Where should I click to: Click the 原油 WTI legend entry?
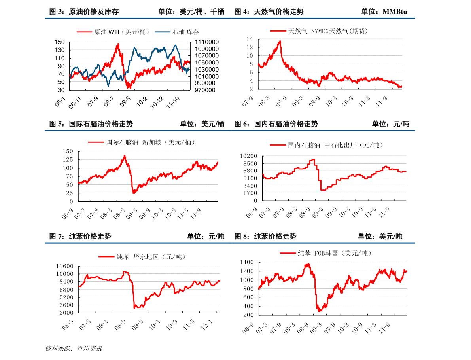113,32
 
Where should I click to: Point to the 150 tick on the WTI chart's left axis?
60,42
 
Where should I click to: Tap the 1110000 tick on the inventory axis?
207,42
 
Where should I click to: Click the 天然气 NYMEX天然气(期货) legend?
319,31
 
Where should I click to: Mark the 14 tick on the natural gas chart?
249,39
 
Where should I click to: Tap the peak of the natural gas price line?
280,41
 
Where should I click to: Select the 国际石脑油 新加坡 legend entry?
141,142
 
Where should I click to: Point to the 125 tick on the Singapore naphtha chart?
68,159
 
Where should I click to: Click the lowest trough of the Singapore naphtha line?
134,193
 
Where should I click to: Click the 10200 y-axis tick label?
248,156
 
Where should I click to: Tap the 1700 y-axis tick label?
250,193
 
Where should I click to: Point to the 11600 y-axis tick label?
64,266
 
